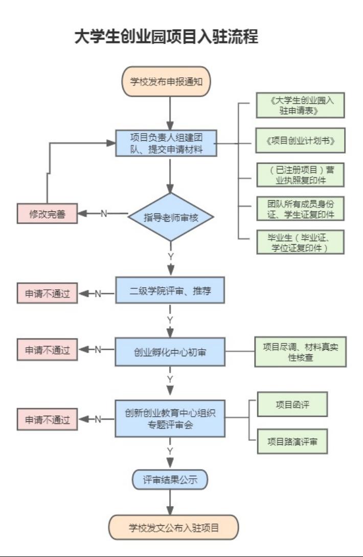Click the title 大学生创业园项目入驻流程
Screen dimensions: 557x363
point(166,37)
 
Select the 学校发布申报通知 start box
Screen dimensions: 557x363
point(166,81)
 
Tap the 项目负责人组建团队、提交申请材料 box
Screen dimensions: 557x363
point(166,143)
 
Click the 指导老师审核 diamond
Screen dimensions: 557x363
point(170,217)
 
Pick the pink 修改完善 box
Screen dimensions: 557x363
point(47,213)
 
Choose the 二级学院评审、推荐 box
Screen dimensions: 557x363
point(170,291)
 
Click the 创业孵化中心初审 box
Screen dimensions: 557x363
point(170,352)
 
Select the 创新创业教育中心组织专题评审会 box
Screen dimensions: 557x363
point(170,419)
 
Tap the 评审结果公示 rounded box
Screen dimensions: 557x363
point(170,480)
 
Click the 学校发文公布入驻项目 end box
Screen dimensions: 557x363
point(173,527)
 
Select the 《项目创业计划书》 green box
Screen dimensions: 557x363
point(300,140)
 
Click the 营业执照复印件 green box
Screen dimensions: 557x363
point(300,175)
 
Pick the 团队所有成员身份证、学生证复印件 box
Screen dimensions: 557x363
point(300,208)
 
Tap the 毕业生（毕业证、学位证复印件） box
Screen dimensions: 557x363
point(300,242)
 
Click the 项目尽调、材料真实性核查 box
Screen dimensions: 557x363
point(300,352)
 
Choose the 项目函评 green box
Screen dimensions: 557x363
point(292,405)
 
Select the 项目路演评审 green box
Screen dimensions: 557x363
point(292,441)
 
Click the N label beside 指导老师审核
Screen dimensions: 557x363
point(104,213)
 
